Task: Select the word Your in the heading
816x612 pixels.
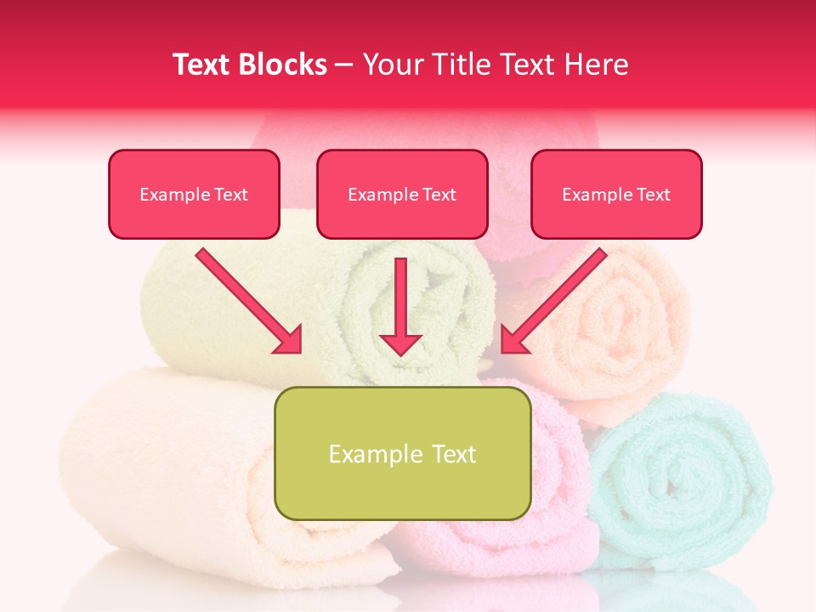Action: [393, 65]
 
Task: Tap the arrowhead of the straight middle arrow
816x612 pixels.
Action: [400, 344]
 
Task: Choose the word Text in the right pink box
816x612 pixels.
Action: [654, 195]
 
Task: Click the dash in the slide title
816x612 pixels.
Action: [344, 65]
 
